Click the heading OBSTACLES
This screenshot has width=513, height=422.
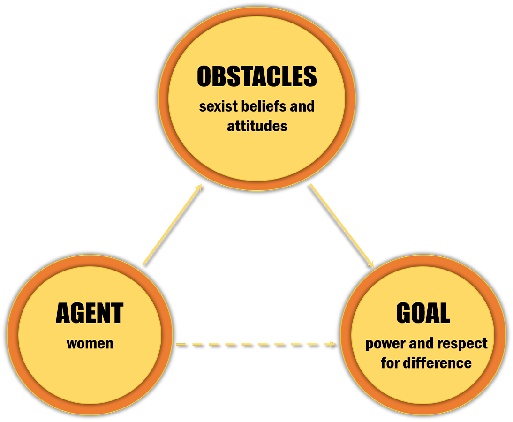click(257, 76)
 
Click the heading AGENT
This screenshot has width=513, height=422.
click(90, 313)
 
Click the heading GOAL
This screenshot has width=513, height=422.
click(423, 313)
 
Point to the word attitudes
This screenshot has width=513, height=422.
click(257, 126)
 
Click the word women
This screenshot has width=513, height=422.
click(90, 344)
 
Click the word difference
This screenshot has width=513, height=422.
click(438, 363)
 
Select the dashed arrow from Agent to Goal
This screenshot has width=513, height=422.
click(255, 344)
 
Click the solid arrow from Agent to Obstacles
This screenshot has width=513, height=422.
click(173, 225)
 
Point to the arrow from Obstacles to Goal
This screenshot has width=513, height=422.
click(342, 226)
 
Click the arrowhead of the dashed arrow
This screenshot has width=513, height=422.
click(331, 344)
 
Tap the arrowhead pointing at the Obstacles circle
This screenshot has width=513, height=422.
click(199, 188)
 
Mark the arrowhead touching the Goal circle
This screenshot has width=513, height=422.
click(371, 264)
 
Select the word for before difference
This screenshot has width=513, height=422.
click(390, 363)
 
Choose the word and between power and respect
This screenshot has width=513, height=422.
click(422, 344)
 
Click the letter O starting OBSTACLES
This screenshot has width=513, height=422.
click(204, 76)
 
